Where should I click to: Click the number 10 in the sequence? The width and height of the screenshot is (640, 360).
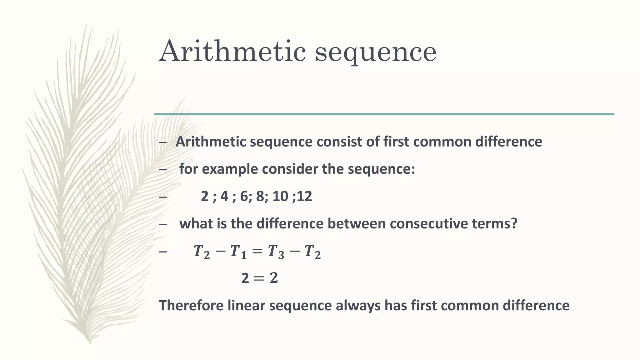pos(280,197)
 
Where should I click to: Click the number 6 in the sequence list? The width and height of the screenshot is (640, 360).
pos(244,197)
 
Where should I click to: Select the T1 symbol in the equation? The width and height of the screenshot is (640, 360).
pos(238,252)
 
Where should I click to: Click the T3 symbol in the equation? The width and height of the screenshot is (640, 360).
pos(276,252)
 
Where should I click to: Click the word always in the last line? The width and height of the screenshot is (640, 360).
pos(358,306)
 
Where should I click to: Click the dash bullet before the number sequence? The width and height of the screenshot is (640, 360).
pos(163,197)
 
